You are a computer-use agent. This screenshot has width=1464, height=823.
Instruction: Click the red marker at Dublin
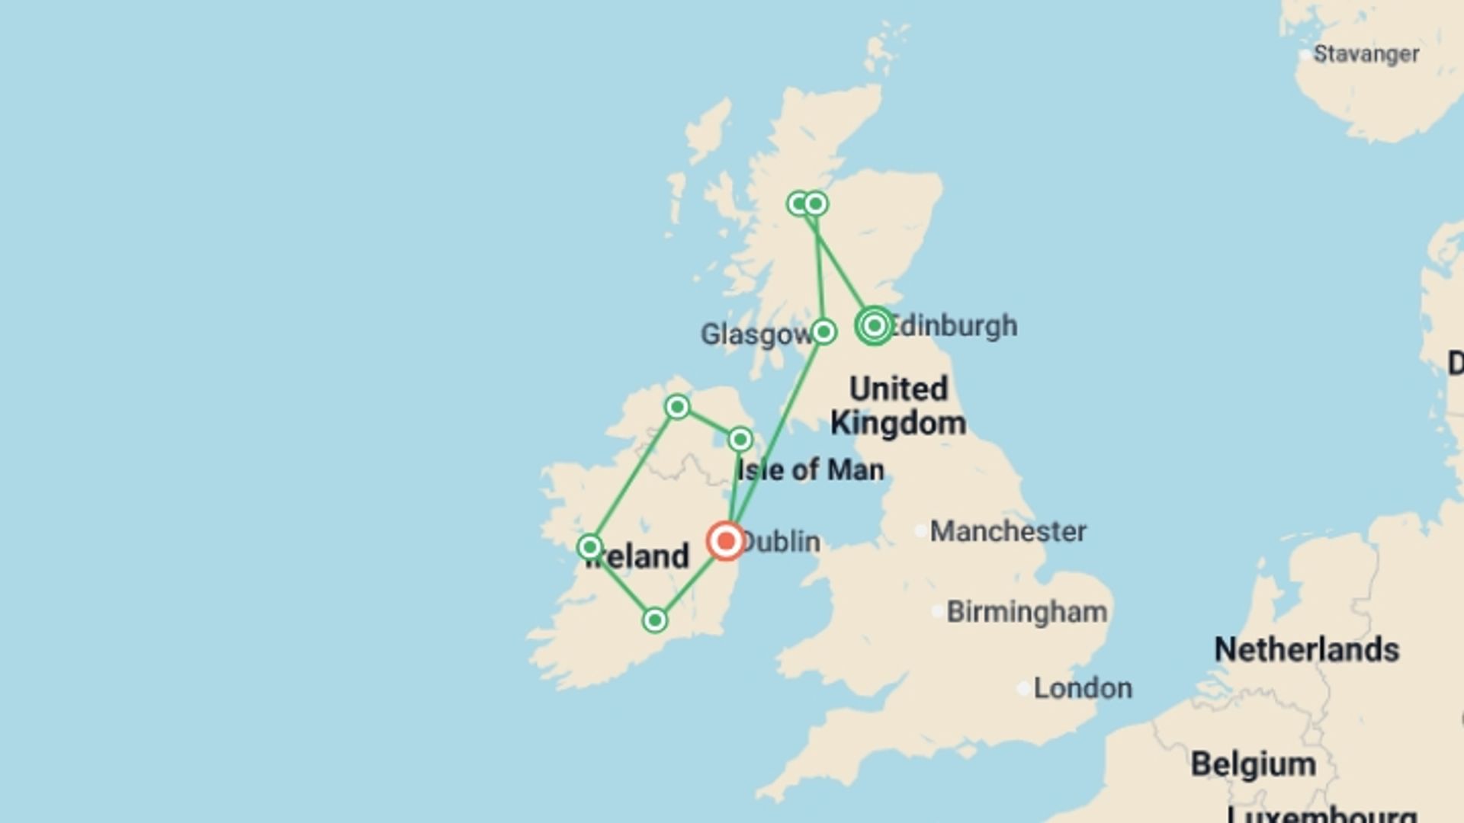(x=725, y=541)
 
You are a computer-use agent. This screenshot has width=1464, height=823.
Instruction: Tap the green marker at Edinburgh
(x=874, y=326)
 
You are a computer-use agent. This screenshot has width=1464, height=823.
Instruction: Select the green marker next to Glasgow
(x=823, y=331)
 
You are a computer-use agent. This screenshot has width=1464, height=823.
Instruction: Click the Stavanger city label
(x=1366, y=54)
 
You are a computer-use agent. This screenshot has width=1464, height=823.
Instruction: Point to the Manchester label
(x=1007, y=531)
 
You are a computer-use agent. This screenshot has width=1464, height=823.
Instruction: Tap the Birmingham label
(x=1026, y=612)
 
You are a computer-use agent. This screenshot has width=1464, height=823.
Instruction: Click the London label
(x=1083, y=688)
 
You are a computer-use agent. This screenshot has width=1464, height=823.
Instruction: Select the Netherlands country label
(x=1306, y=650)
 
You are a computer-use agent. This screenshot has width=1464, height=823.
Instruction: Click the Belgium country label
(x=1254, y=764)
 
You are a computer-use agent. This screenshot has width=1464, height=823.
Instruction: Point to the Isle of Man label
(x=811, y=470)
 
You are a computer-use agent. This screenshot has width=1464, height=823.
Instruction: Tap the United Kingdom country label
(x=898, y=405)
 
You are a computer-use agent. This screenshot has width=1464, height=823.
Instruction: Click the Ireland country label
(x=637, y=556)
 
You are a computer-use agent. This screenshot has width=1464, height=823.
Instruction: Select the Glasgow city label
(x=755, y=335)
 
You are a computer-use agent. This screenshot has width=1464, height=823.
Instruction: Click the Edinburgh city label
(x=953, y=325)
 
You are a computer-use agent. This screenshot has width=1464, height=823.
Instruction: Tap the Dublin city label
(x=781, y=542)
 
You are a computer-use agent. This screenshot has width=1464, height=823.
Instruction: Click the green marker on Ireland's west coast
(x=589, y=547)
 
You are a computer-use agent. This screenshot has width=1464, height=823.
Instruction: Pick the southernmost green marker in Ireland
(x=654, y=620)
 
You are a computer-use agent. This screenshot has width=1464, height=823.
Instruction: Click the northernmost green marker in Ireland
(x=677, y=407)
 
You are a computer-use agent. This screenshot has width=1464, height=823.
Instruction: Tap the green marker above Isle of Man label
(x=740, y=439)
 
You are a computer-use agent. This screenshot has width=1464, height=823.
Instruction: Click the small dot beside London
(x=1023, y=689)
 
